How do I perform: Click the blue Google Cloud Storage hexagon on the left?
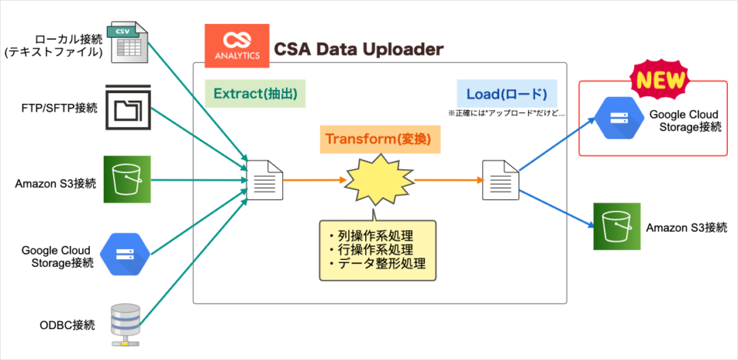click(125, 253)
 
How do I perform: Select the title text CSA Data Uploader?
click(359, 50)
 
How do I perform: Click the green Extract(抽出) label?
click(256, 95)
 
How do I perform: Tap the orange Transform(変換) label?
click(377, 140)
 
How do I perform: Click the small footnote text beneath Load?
click(506, 112)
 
